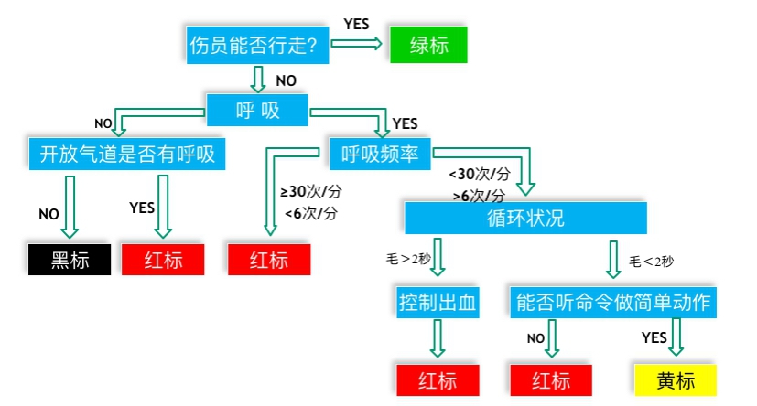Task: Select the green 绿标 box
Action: [428, 45]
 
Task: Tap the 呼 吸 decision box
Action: [257, 110]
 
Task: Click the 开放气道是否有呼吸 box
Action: [127, 153]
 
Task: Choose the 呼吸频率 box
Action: [380, 153]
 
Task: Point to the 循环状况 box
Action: [525, 219]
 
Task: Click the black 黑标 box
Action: [70, 260]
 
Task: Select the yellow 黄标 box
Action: [675, 379]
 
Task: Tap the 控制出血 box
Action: [438, 302]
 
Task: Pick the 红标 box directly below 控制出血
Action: [438, 379]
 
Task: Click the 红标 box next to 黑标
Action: [164, 260]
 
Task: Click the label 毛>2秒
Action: [408, 260]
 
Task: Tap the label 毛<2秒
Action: [651, 262]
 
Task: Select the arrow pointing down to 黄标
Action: [676, 339]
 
